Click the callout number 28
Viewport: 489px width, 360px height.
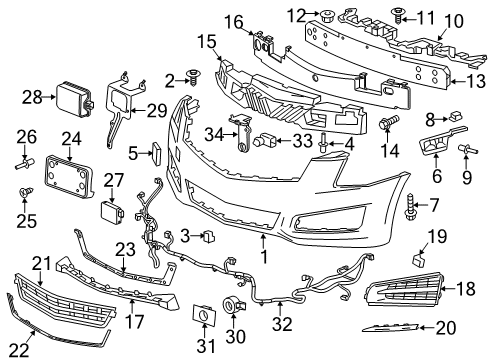(31, 97)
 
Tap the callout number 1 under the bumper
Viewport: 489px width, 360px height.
(263, 266)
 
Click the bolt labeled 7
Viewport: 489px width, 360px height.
(412, 211)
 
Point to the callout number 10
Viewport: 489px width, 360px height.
(454, 19)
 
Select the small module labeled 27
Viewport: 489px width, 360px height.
(111, 211)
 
